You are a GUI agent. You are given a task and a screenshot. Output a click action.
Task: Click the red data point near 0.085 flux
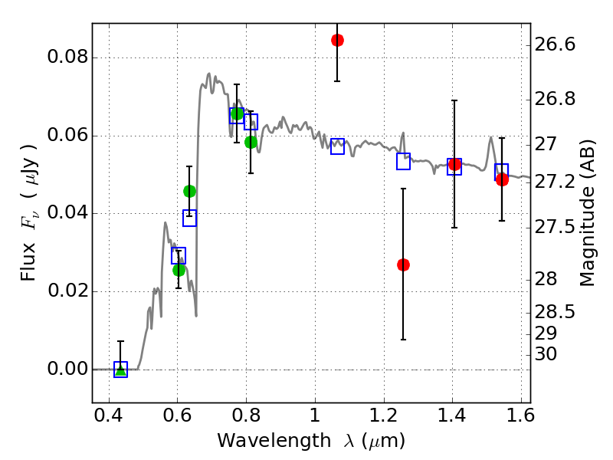pyautogui.click(x=337, y=40)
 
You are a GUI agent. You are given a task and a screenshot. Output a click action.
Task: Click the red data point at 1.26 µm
pyautogui.click(x=404, y=264)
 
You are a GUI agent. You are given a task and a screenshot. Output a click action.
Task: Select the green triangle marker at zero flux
pyautogui.click(x=120, y=370)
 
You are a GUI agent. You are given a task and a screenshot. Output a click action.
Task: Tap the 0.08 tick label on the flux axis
pyautogui.click(x=67, y=58)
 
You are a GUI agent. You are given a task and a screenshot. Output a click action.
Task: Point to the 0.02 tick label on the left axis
pyautogui.click(x=67, y=291)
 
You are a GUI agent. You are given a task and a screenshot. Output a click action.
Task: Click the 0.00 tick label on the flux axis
pyautogui.click(x=67, y=370)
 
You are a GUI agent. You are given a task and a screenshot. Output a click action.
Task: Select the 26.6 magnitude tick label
pyautogui.click(x=555, y=44)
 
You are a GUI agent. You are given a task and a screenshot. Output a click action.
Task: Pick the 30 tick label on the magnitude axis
pyautogui.click(x=546, y=354)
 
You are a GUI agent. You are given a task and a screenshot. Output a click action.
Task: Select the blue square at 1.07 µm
pyautogui.click(x=337, y=146)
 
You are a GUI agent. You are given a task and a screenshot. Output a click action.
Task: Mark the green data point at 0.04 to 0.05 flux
pyautogui.click(x=190, y=191)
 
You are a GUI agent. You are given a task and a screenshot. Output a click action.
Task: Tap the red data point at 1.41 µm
pyautogui.click(x=454, y=164)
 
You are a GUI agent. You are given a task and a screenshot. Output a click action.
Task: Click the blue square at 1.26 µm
pyautogui.click(x=404, y=161)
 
